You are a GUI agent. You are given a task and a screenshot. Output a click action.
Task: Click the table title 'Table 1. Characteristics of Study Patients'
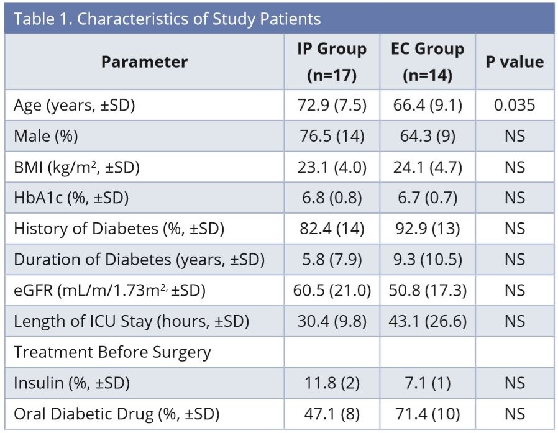tap(167, 19)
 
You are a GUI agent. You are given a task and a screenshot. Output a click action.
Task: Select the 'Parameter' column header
tap(144, 62)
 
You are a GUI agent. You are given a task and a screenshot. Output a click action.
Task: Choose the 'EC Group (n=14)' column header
tap(428, 62)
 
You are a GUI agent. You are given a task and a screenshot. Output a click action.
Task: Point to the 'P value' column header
tap(515, 62)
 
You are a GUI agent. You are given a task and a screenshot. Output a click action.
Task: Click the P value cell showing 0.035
tap(515, 105)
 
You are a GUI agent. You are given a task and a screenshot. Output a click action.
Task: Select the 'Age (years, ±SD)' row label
tap(75, 105)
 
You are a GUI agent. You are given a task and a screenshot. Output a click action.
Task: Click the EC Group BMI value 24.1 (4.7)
tap(428, 167)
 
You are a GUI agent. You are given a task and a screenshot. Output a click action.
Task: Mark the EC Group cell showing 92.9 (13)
tap(428, 229)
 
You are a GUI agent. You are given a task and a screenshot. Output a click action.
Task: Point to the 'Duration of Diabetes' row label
tap(139, 260)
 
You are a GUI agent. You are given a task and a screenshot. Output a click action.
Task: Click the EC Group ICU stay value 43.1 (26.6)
tap(428, 321)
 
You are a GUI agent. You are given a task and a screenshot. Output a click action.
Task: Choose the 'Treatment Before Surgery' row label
tap(112, 352)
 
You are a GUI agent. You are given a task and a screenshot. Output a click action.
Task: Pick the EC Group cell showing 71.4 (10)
tap(428, 414)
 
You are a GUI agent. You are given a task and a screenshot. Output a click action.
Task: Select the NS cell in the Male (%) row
tap(515, 136)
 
